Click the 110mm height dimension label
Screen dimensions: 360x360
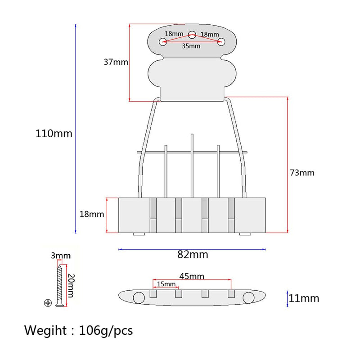coord(54,134)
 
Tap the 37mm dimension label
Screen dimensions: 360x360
coord(116,62)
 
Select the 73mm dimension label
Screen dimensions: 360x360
coord(302,173)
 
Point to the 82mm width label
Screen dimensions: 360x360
coord(193,255)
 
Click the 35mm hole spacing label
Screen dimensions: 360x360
coord(191,46)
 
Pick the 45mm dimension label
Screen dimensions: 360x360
coord(192,276)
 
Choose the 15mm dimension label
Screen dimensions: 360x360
coord(166,284)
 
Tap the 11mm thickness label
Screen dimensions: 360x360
coord(304,298)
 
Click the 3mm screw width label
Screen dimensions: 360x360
coord(61,256)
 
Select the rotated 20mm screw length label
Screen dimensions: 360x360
coord(71,286)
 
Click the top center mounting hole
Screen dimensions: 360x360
coord(192,35)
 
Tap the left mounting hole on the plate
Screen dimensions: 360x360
coord(163,42)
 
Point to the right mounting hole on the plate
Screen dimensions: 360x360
coord(221,42)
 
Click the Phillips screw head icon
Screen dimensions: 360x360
coord(48,303)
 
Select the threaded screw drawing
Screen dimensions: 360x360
coord(59,286)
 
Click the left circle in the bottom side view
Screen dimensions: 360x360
coord(139,298)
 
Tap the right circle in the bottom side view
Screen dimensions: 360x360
coord(248,298)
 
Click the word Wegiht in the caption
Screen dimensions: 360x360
coord(45,331)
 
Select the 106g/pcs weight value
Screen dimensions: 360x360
coord(106,331)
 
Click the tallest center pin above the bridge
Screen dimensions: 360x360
coord(192,166)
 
